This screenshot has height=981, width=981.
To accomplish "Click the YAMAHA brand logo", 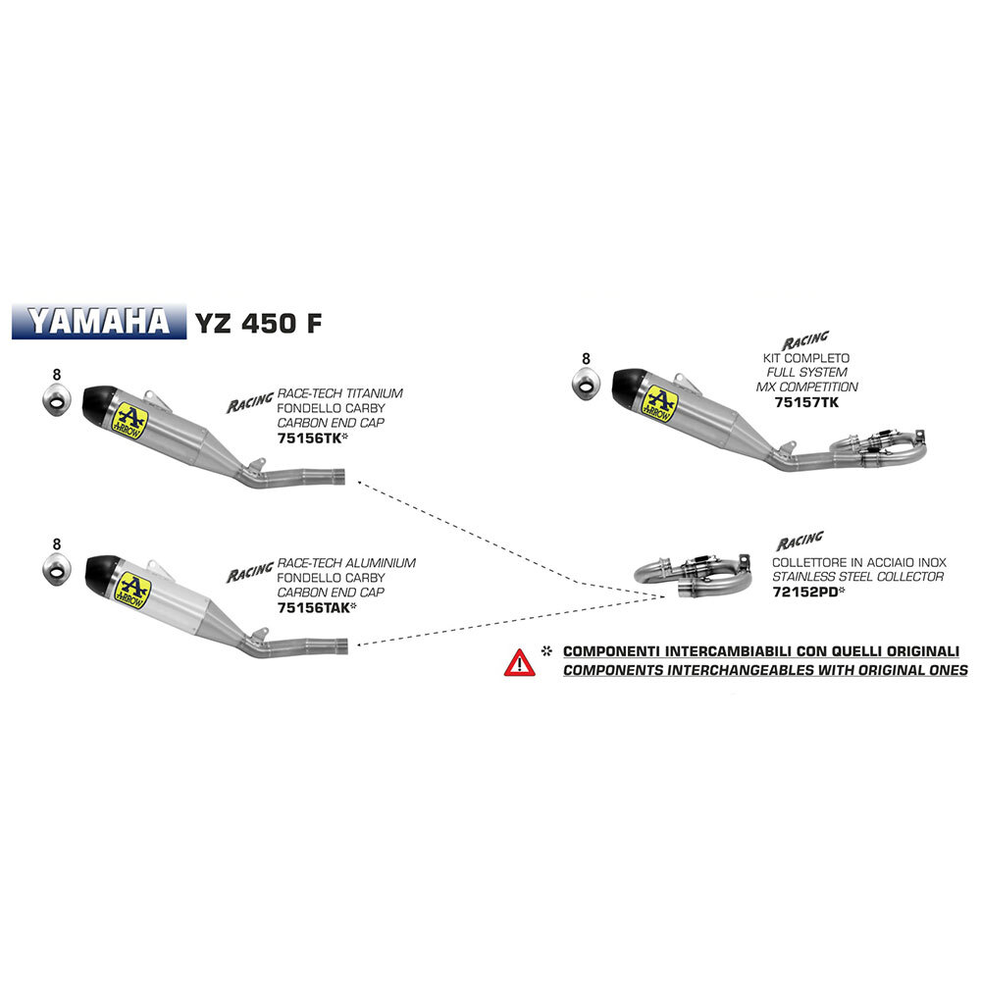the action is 99,322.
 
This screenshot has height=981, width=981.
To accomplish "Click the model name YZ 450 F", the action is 258,323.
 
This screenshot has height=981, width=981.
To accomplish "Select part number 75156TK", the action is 309,438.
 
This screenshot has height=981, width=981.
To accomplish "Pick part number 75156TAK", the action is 314,607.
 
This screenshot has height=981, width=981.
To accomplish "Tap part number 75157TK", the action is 806,402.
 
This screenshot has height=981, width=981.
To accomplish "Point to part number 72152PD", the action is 805,592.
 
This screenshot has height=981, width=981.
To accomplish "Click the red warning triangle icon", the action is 519,662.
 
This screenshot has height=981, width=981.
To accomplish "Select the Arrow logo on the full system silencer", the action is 659,403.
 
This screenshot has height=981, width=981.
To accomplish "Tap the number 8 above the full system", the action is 586,358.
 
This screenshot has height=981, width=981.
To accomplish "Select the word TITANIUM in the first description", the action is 374,393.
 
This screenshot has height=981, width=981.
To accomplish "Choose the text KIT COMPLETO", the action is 805,358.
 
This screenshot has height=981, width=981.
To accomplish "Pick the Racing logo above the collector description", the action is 800,540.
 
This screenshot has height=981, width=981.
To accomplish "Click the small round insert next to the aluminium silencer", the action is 56,569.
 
